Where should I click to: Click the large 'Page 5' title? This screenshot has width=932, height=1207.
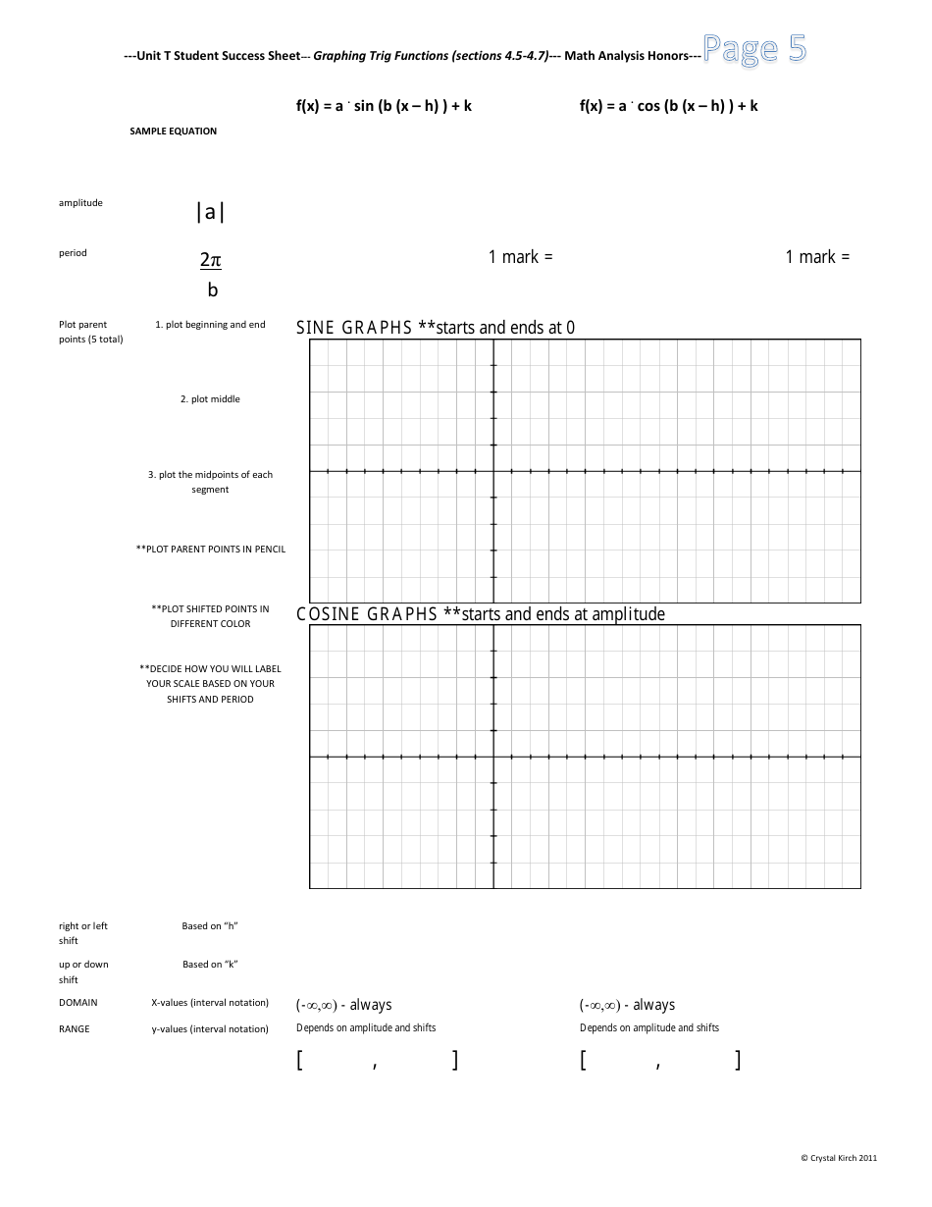(x=755, y=49)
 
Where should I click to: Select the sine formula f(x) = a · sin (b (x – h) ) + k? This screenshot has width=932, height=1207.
(x=384, y=106)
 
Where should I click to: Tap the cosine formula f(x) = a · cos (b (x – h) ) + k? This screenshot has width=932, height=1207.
(x=668, y=106)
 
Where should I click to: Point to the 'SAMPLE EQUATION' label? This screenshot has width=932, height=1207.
(x=174, y=131)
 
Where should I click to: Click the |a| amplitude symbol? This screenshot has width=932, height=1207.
(x=210, y=212)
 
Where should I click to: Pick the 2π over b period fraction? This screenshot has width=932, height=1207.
(x=211, y=274)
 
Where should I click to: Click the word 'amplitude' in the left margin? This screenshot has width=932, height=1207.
(x=80, y=203)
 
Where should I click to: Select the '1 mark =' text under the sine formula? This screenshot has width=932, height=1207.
(x=521, y=257)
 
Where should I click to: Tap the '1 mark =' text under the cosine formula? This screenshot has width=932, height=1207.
(x=817, y=257)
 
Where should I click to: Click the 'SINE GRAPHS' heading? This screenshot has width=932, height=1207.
(x=354, y=328)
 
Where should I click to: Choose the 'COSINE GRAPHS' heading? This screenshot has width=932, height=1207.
(x=367, y=614)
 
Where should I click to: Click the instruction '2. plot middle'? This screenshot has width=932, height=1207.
(x=210, y=399)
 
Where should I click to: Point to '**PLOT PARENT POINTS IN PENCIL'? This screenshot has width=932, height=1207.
(x=211, y=550)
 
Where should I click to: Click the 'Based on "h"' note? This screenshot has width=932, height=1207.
(x=210, y=926)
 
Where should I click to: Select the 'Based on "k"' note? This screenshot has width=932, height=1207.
(x=210, y=965)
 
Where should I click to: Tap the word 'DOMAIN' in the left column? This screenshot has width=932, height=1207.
(x=78, y=1003)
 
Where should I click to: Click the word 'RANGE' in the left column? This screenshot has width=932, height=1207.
(x=75, y=1029)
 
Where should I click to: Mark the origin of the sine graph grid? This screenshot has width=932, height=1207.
(x=493, y=471)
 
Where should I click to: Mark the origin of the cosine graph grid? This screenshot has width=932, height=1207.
(x=493, y=757)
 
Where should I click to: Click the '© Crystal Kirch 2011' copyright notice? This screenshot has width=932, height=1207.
(x=839, y=1158)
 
